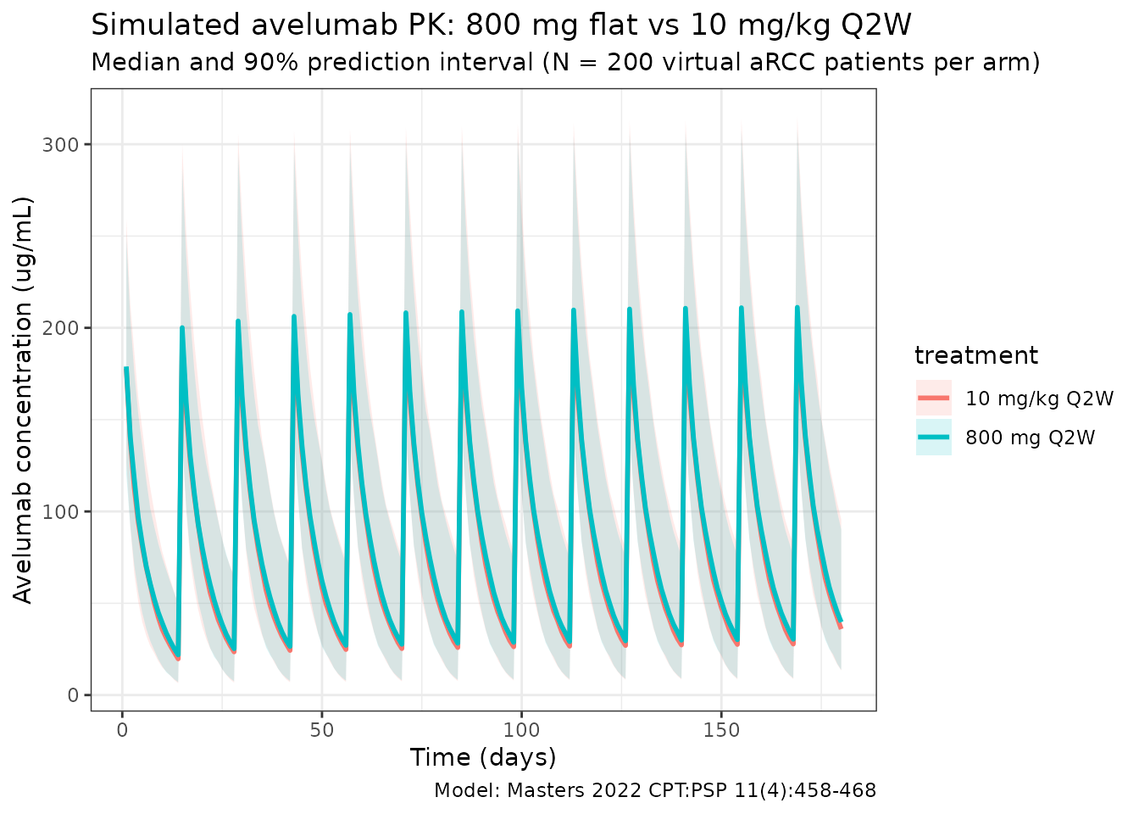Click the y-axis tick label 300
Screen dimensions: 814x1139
(60, 144)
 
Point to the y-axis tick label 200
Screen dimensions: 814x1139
(60, 328)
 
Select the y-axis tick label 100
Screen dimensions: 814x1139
(60, 511)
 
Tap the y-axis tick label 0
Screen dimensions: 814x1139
(73, 695)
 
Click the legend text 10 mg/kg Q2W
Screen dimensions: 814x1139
(1035, 399)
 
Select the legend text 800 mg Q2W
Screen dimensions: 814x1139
(1030, 438)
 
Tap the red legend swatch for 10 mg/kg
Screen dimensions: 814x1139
(933, 399)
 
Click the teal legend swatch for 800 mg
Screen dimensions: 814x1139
(933, 438)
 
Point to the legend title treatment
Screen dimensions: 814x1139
(976, 355)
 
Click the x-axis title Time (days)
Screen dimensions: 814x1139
(483, 757)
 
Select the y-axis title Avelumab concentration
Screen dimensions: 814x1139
(24, 400)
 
